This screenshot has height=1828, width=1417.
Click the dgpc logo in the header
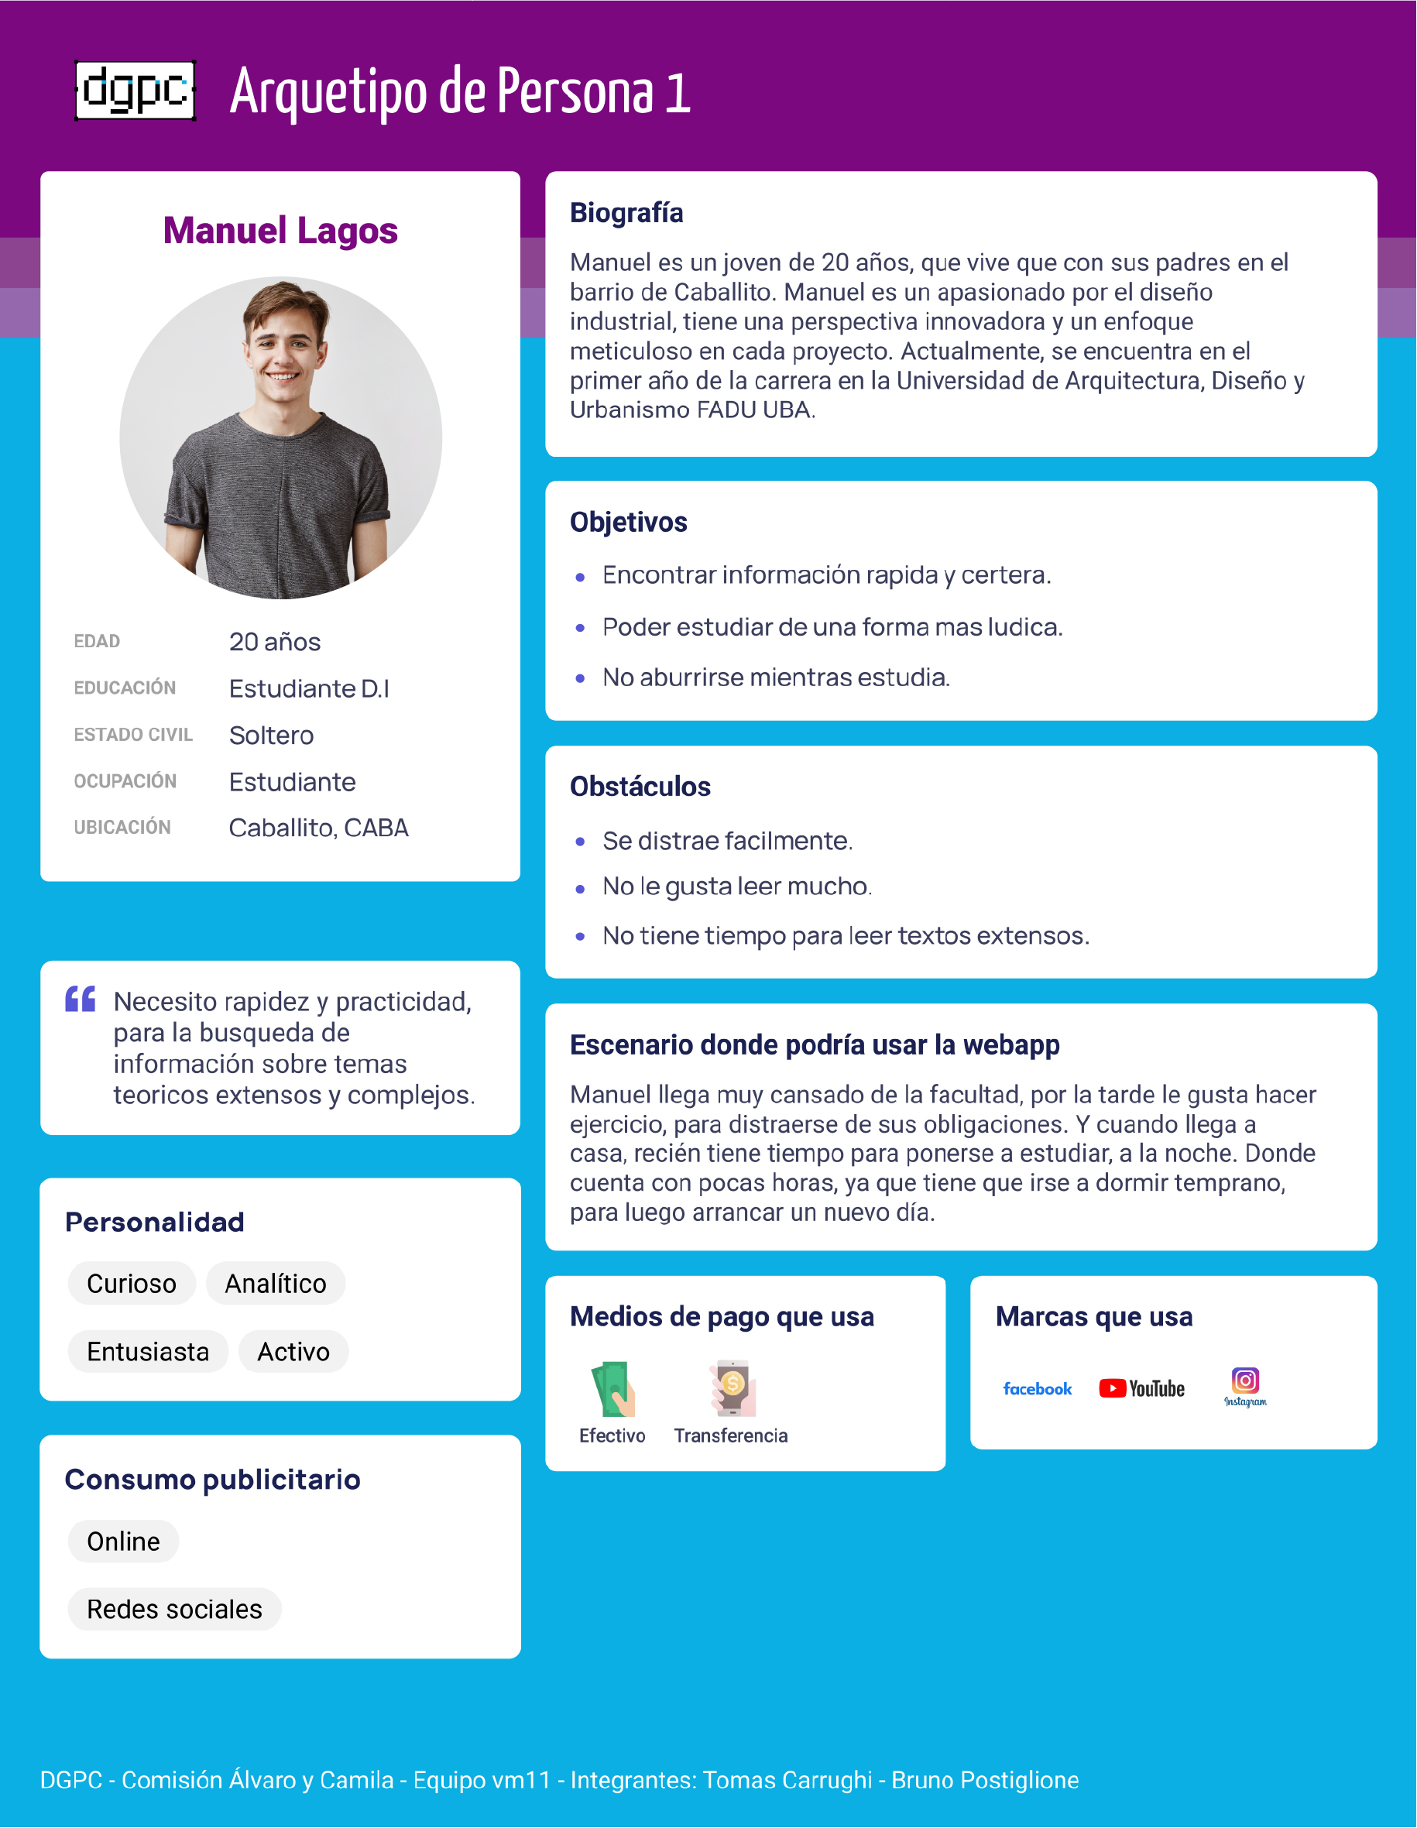click(x=135, y=91)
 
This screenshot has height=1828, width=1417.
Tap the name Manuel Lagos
click(x=280, y=231)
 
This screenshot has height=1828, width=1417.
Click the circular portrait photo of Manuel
click(x=280, y=437)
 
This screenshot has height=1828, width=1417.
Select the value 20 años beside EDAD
click(x=275, y=642)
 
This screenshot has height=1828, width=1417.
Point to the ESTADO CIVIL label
click(x=133, y=735)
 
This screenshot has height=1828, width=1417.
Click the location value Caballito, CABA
click(x=318, y=828)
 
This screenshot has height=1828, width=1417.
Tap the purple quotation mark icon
click(x=81, y=999)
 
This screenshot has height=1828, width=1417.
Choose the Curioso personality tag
click(x=132, y=1283)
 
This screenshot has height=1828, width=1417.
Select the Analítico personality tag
click(x=276, y=1283)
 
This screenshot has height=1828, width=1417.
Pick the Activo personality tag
click(x=293, y=1352)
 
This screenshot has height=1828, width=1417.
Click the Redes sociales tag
click(x=174, y=1610)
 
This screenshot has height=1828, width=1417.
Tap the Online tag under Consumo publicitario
click(x=123, y=1542)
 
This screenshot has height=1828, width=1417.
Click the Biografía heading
click(x=626, y=214)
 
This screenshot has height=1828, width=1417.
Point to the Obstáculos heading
click(x=640, y=787)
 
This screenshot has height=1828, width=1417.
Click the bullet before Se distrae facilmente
click(x=580, y=842)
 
